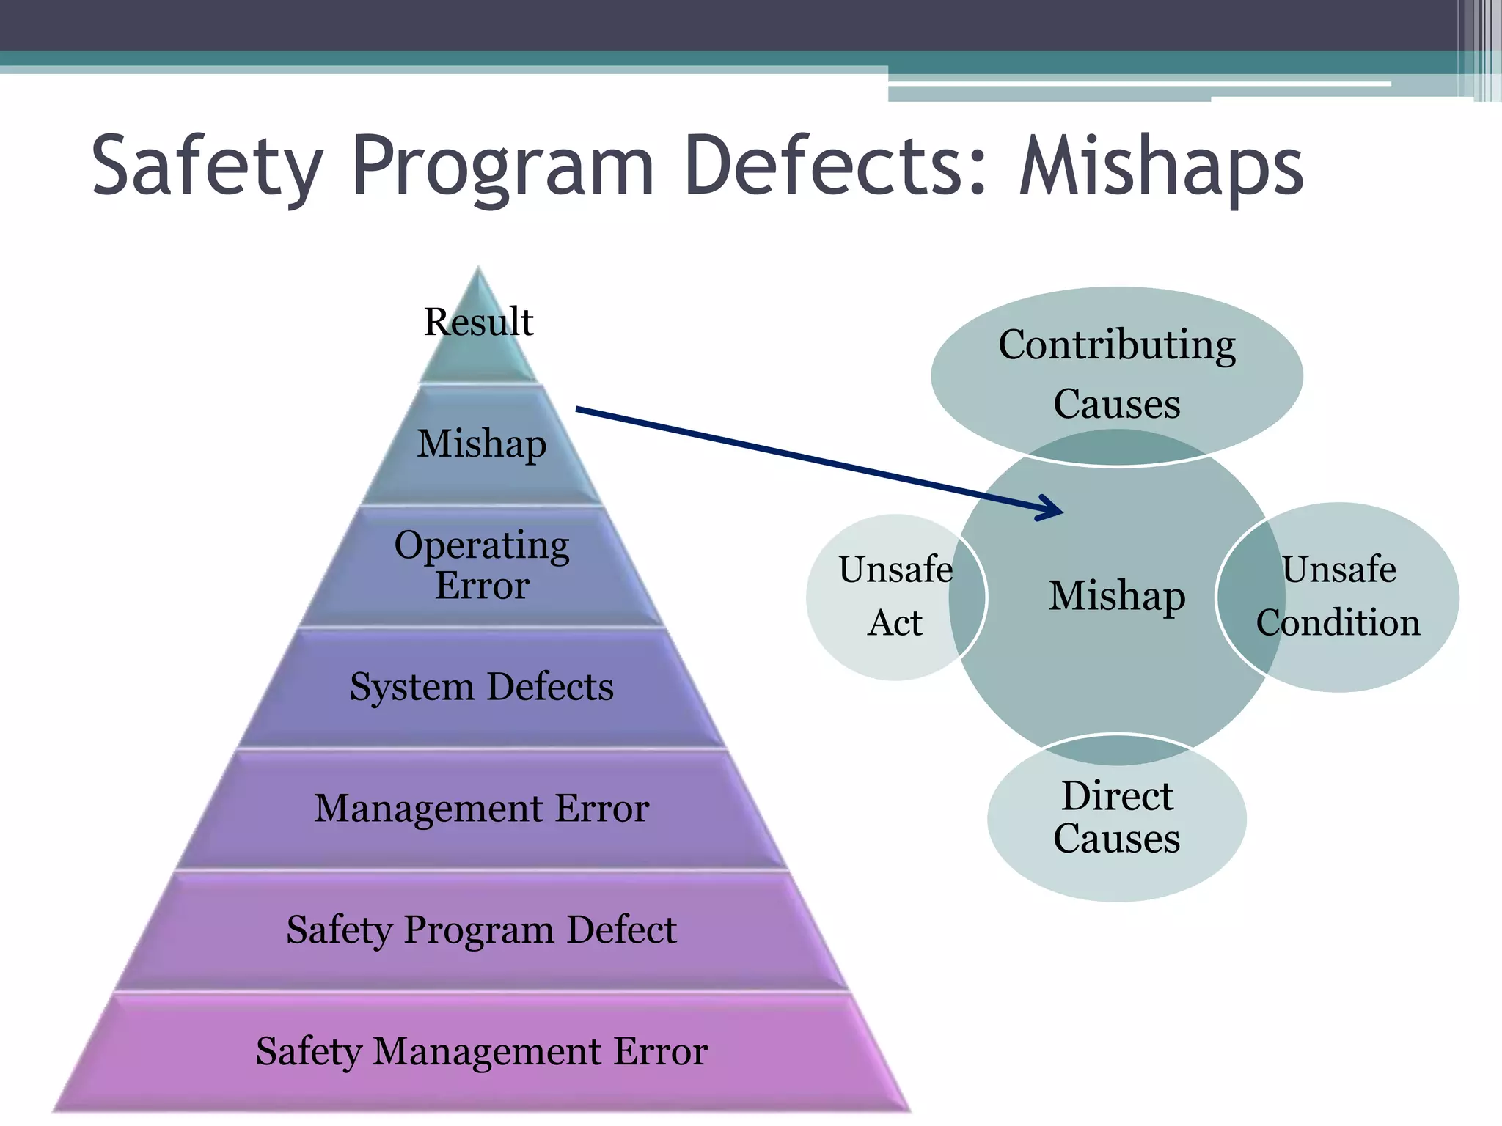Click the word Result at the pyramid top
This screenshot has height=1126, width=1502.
click(478, 322)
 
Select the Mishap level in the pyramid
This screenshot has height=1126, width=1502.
click(482, 444)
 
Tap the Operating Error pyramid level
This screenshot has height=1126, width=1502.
click(482, 565)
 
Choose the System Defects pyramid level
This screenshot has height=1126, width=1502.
click(482, 687)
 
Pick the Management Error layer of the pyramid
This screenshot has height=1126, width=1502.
click(482, 809)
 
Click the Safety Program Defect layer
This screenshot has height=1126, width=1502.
click(482, 930)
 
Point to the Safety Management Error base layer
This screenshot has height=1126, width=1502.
click(482, 1052)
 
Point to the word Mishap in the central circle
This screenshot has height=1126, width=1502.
click(1116, 595)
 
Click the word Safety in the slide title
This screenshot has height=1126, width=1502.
click(207, 167)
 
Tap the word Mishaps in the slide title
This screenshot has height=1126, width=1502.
click(1162, 167)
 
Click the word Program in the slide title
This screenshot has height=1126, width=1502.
click(503, 167)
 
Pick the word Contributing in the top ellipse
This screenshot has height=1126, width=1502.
click(1116, 345)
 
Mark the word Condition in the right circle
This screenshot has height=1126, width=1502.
click(1338, 622)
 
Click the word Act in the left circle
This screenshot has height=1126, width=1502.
click(895, 622)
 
